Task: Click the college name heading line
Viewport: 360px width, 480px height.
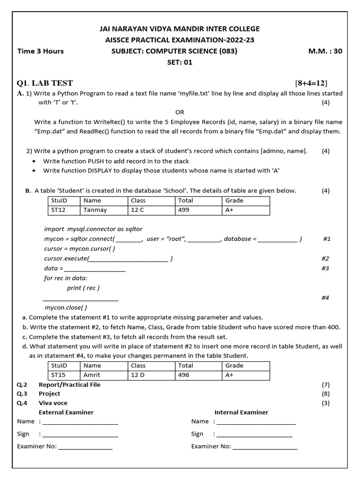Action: click(x=180, y=29)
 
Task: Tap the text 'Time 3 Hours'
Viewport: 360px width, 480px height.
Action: click(x=40, y=51)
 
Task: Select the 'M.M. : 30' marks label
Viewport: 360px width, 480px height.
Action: click(x=325, y=51)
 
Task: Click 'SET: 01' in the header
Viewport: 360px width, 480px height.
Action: click(x=180, y=62)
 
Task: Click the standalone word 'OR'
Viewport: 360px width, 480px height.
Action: click(x=180, y=112)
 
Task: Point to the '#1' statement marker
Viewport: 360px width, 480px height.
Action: click(x=327, y=239)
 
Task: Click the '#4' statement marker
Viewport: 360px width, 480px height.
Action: click(x=325, y=298)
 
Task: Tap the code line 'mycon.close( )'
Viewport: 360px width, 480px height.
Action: click(x=66, y=307)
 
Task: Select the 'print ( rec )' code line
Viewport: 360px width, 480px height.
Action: click(x=83, y=288)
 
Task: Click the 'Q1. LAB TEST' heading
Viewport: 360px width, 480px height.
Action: click(x=45, y=83)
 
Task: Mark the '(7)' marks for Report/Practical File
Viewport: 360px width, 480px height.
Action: click(x=325, y=385)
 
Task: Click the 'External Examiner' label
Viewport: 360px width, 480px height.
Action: click(x=66, y=412)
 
